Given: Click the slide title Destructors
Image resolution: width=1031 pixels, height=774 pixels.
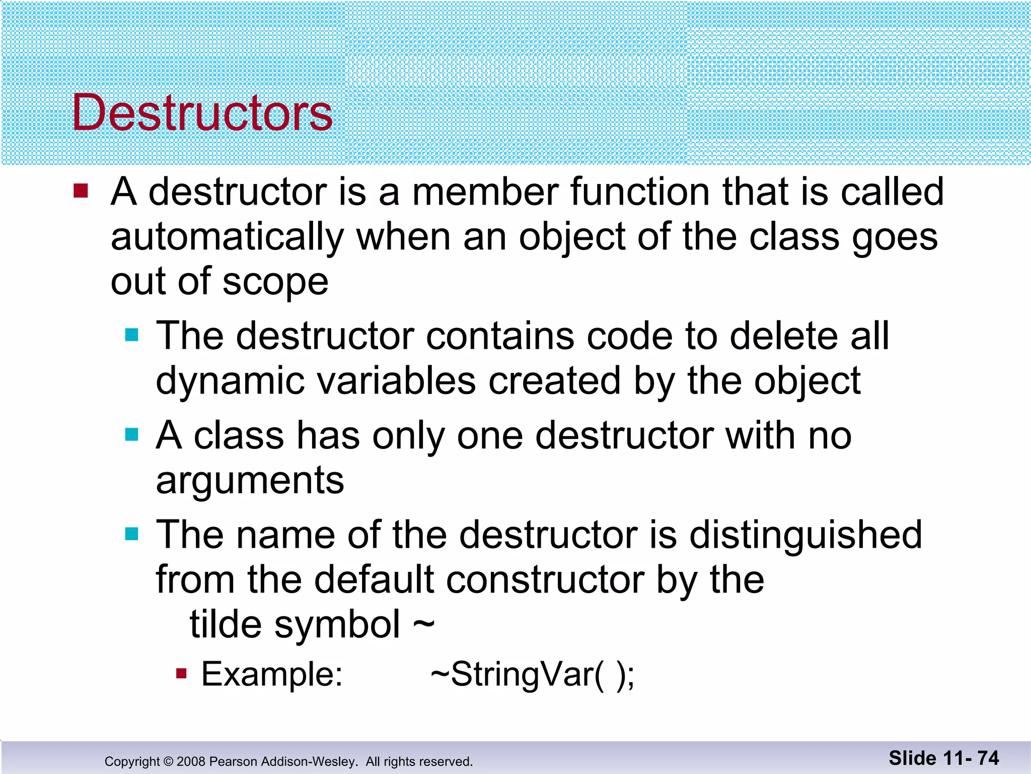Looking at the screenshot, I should point(202,113).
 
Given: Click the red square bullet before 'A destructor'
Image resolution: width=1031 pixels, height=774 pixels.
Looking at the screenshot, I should point(81,191).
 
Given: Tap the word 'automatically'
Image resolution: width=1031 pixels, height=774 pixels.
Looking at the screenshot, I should point(227,237).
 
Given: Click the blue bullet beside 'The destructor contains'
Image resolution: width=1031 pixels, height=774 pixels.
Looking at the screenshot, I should point(131,335).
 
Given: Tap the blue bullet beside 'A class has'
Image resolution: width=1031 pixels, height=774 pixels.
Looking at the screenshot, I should point(131,434).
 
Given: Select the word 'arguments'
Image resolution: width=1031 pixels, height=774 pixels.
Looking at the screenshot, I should point(250,481).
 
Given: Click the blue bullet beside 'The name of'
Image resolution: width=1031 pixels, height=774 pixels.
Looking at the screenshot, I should point(131,534).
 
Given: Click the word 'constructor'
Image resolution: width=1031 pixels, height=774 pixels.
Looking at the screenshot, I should point(545,579).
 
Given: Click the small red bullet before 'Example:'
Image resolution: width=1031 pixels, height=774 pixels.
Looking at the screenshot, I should point(181,673).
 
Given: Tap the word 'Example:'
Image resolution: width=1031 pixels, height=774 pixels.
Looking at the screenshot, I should point(272,674).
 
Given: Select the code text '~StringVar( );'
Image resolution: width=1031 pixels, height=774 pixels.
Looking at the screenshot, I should point(533,674).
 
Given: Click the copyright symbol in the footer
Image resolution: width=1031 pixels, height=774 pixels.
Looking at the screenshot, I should point(168,761).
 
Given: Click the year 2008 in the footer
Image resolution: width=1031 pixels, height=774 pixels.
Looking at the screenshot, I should point(191,761).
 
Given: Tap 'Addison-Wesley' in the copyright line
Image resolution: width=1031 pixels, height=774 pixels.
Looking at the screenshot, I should point(307,761).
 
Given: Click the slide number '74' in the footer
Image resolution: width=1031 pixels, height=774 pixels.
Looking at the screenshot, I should point(988,758).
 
